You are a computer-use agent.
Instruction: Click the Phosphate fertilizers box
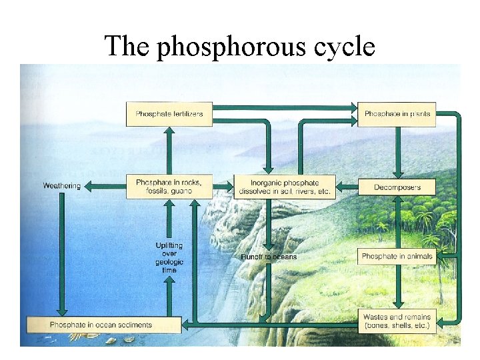(x=169, y=114)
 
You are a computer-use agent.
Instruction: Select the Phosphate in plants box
(x=397, y=114)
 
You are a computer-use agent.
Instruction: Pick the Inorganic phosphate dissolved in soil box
(x=285, y=187)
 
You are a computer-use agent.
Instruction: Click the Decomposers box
(x=397, y=187)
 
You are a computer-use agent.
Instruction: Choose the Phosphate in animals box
(x=397, y=256)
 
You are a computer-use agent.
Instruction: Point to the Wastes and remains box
(x=397, y=321)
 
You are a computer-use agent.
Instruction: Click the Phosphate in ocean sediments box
(x=103, y=325)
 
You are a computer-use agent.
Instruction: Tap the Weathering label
(x=61, y=186)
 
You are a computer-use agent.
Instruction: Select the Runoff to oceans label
(x=269, y=257)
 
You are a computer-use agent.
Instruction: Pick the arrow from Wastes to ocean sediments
(x=267, y=325)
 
